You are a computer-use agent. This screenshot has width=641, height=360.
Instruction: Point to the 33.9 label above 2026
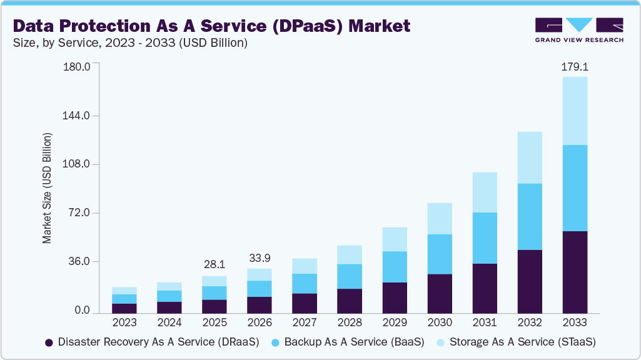260,258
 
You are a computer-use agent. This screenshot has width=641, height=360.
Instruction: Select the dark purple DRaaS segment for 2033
575,272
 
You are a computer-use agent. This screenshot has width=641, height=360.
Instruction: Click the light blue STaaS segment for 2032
530,157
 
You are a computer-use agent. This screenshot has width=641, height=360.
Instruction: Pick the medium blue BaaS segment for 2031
485,238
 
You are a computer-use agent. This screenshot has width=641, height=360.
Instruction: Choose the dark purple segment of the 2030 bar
440,293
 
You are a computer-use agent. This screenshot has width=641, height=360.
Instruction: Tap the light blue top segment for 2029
395,239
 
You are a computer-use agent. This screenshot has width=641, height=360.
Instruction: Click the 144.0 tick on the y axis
77,116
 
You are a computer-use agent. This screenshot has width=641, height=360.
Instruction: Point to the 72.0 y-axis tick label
79,213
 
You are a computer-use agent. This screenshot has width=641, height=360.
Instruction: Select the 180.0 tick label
77,67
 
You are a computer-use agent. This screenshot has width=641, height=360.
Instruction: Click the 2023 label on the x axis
124,323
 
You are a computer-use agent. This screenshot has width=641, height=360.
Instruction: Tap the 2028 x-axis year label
350,323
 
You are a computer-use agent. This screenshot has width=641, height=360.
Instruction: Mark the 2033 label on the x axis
575,323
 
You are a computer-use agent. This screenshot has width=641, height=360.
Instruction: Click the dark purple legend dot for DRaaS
49,342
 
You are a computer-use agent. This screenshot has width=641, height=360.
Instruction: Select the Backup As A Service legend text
354,342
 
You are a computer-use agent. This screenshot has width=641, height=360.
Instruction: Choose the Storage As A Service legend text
522,342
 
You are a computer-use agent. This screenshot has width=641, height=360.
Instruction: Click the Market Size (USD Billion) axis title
47,188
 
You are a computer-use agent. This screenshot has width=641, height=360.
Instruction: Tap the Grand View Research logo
578,29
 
